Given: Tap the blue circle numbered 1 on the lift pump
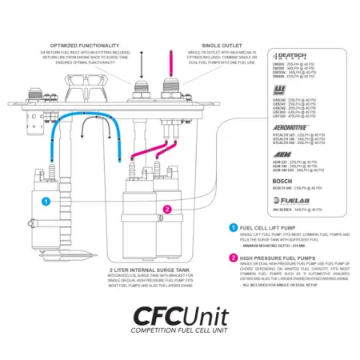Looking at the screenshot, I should tap(46, 202).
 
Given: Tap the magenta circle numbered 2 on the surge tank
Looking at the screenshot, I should tap(166, 210).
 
